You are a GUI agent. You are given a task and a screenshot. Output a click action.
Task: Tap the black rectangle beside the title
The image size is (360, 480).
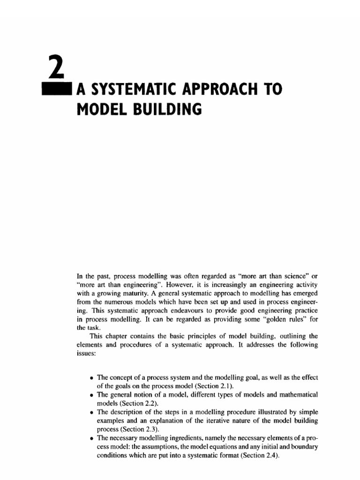click(x=55, y=89)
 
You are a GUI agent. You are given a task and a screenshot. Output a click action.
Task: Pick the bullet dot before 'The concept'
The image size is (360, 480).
click(x=91, y=377)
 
